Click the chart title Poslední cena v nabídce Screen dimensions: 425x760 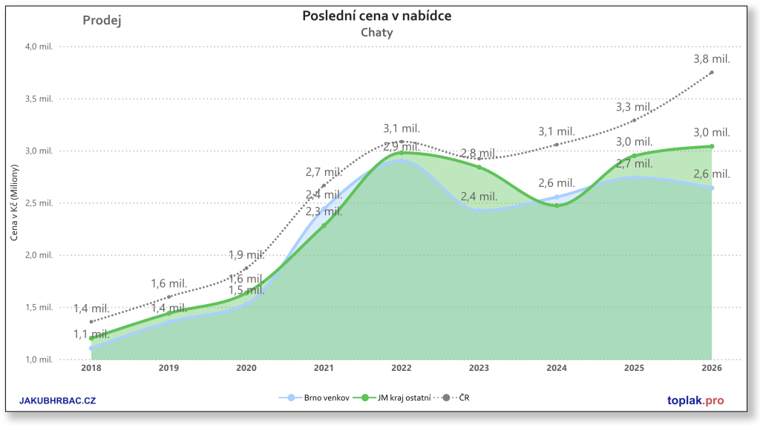click(376, 16)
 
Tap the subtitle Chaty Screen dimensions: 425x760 click(376, 33)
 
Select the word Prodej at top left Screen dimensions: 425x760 click(102, 20)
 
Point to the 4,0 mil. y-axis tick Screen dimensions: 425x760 click(40, 46)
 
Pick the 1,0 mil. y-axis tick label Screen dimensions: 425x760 click(40, 360)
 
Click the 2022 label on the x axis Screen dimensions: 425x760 click(402, 367)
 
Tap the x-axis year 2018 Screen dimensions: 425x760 click(91, 367)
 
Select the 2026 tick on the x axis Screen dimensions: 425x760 click(712, 367)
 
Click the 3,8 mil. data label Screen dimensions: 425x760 click(712, 59)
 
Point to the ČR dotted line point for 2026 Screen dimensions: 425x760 click(712, 72)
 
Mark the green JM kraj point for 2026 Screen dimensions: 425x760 click(712, 146)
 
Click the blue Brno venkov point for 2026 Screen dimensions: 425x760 click(712, 188)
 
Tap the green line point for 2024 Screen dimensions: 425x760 click(557, 205)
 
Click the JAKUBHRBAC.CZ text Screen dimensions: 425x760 click(57, 401)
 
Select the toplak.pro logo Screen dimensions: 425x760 click(695, 401)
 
